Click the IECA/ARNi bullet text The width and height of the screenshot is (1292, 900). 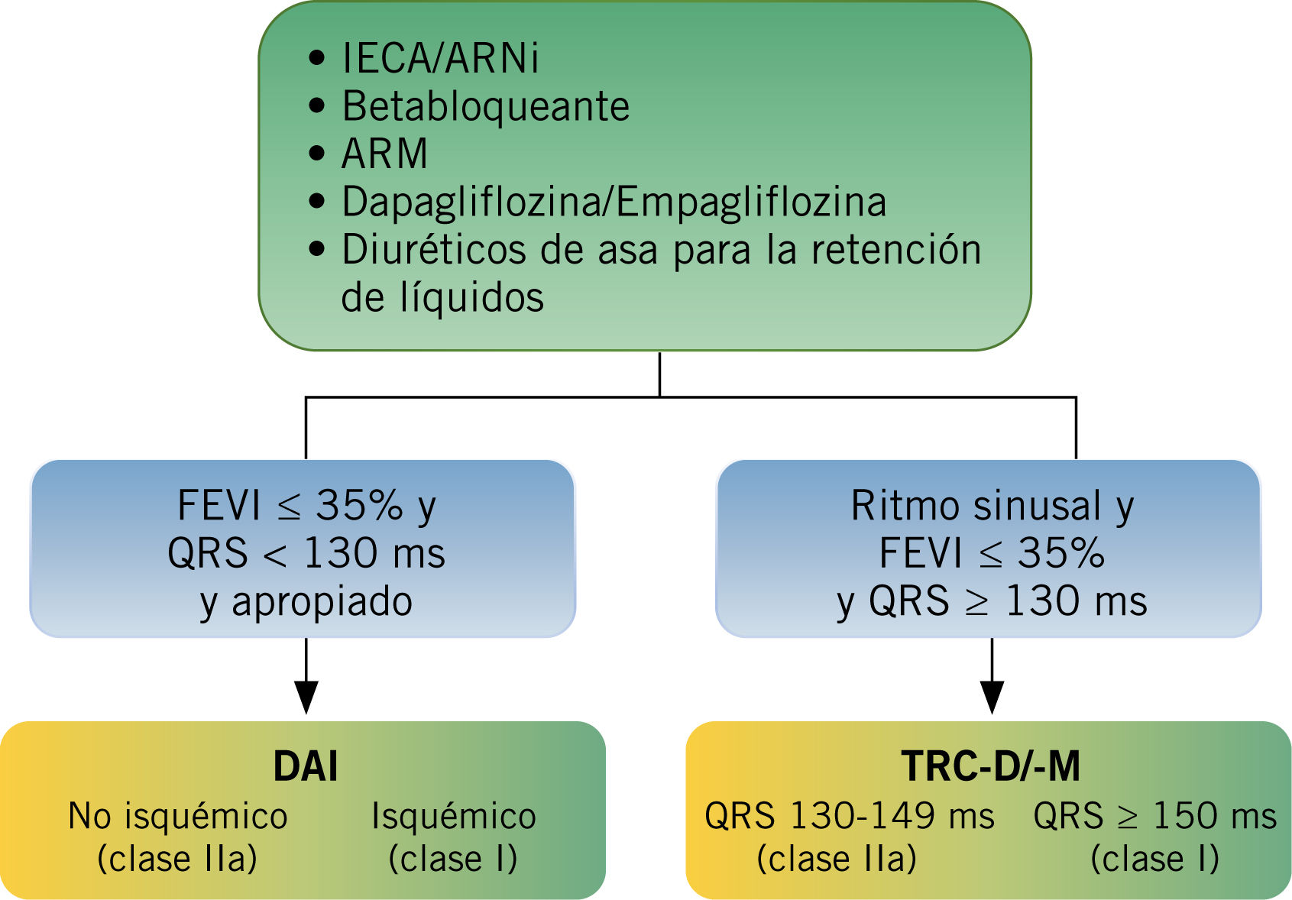[x=440, y=59]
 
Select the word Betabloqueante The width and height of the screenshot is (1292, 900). [x=486, y=106]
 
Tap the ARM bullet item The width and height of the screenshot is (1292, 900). [x=384, y=154]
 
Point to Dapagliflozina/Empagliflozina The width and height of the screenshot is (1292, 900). [x=614, y=202]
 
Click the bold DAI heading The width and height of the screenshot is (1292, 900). [x=306, y=766]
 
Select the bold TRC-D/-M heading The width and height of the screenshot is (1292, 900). [x=991, y=766]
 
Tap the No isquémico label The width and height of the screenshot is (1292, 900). [x=177, y=816]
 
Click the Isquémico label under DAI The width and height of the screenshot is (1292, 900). [x=454, y=816]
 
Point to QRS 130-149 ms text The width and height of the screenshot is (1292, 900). [x=850, y=816]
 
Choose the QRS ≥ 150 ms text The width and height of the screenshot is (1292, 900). [x=1154, y=816]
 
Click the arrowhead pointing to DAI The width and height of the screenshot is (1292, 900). [x=306, y=697]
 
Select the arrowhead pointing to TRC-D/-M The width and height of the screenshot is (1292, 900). [x=992, y=697]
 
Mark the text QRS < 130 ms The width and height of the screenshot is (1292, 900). [x=306, y=553]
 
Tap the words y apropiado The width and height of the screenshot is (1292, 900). [x=306, y=601]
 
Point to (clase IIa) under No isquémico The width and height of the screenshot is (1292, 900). [x=177, y=859]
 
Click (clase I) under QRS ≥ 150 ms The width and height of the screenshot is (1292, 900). [x=1154, y=859]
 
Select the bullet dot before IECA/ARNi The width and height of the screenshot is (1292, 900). [x=317, y=58]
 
